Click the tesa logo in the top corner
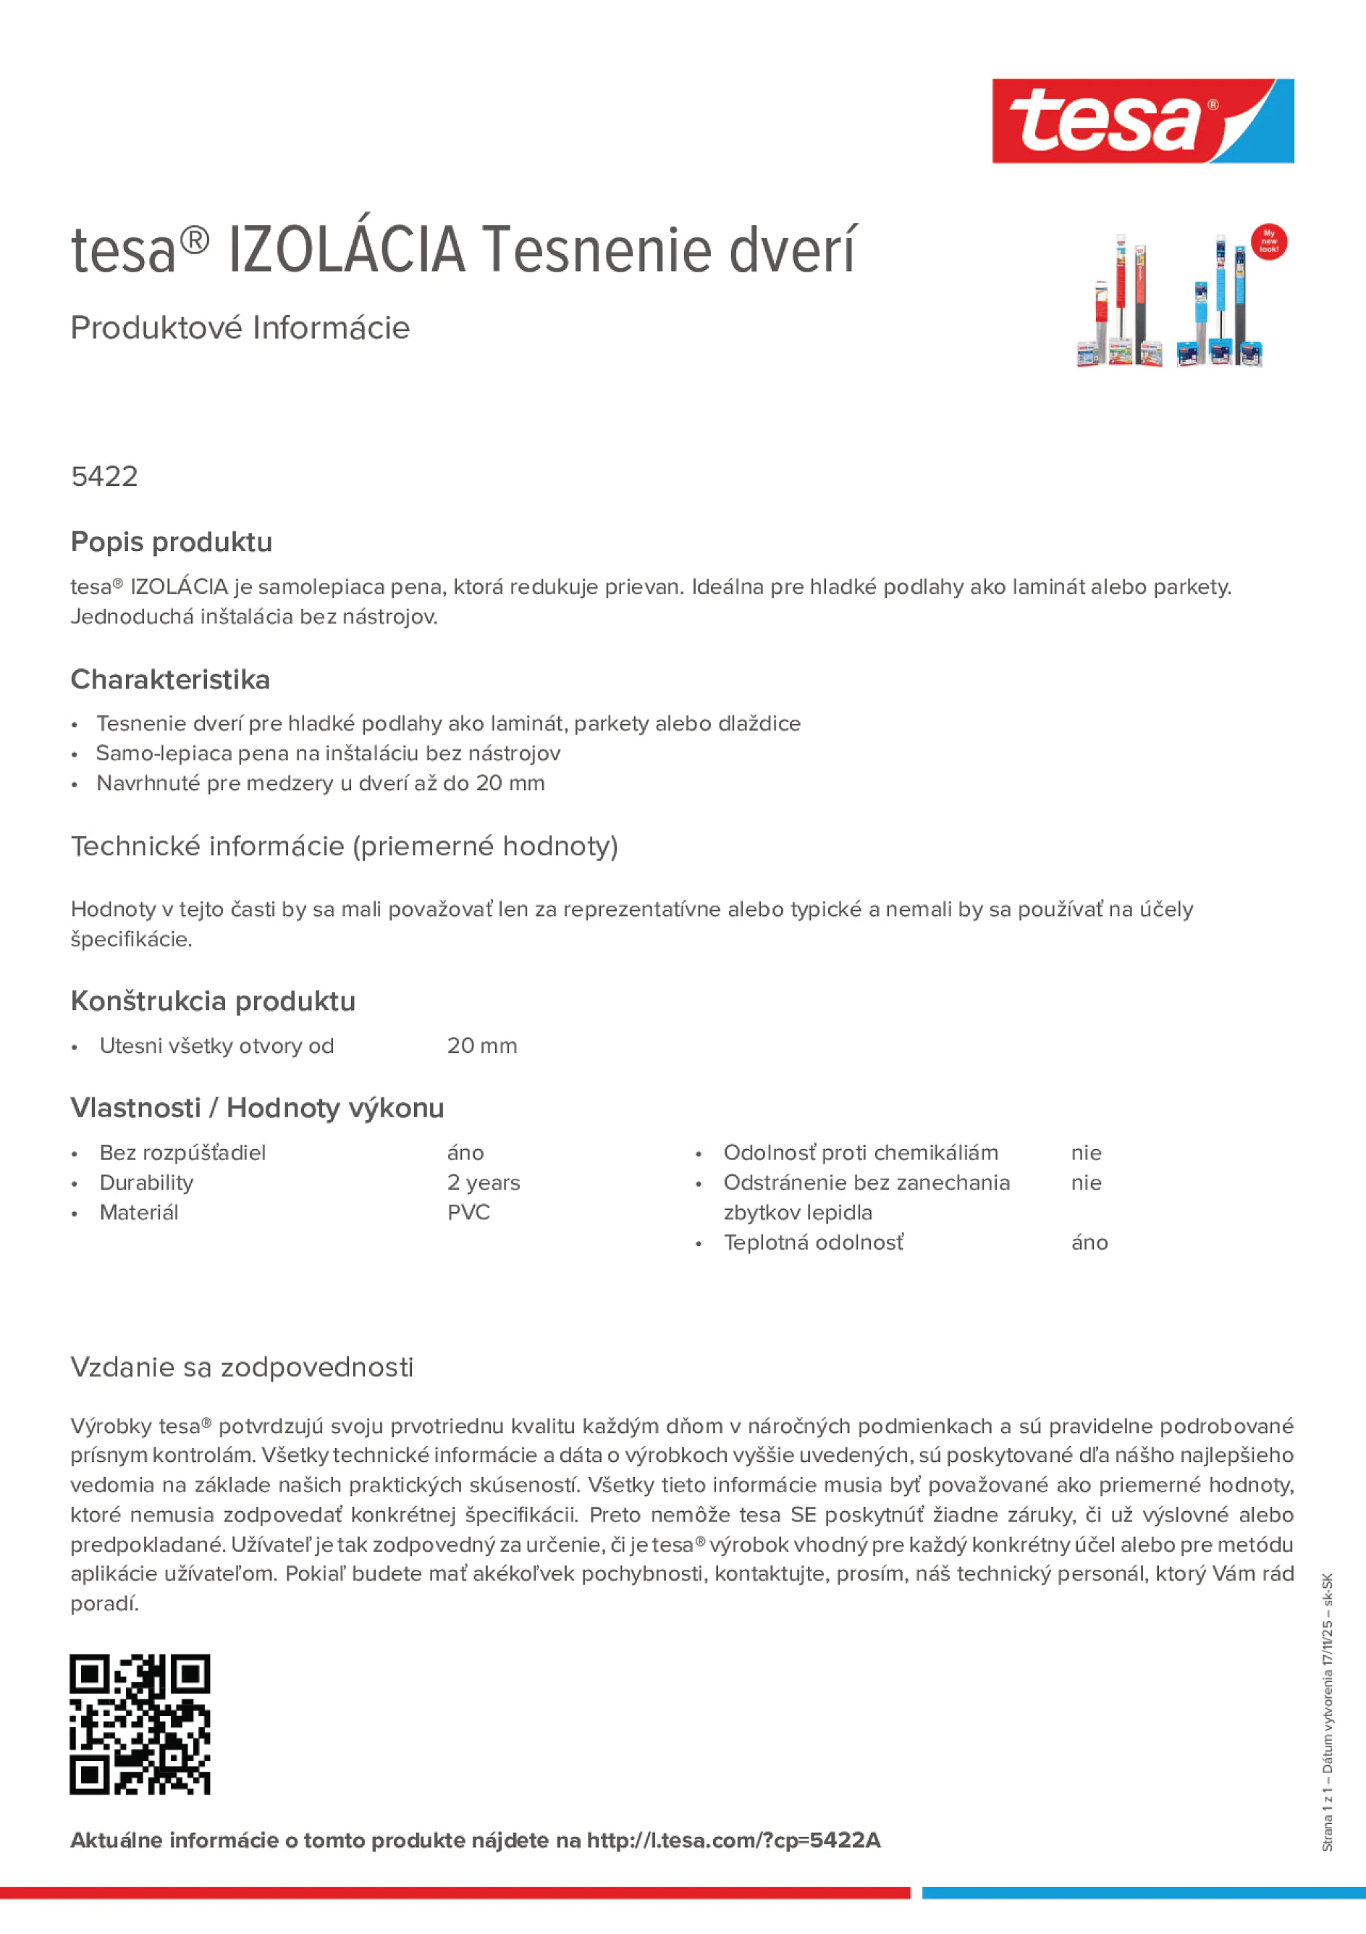[x=1142, y=122]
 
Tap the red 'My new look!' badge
[x=1268, y=242]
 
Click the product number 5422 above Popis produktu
[x=104, y=476]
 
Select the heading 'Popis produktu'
[x=171, y=542]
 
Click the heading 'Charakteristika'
[x=170, y=679]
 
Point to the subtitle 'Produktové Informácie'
[x=240, y=328]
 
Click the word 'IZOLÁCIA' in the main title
[x=347, y=251]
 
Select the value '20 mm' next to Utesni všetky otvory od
[x=481, y=1046]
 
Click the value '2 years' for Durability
[x=484, y=1182]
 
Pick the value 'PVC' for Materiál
[x=468, y=1212]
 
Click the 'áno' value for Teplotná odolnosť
[x=1089, y=1243]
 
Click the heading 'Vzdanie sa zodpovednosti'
[x=242, y=1366]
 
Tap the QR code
[x=140, y=1724]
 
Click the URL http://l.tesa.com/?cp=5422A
[x=733, y=1841]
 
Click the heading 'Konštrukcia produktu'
[x=213, y=1001]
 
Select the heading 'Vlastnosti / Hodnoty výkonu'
[x=257, y=1108]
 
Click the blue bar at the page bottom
[x=1143, y=1893]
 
